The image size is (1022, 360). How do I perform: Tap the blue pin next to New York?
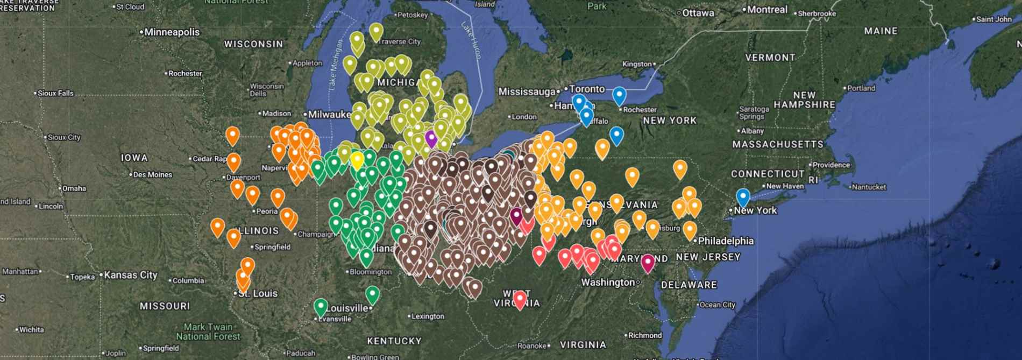743,197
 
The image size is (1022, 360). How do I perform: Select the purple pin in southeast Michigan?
431,138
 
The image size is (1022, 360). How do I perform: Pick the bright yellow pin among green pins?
357,160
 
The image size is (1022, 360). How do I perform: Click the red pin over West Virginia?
520,299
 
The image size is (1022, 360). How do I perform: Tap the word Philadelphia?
726,241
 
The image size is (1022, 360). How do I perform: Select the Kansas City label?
131,275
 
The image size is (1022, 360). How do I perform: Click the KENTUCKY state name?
394,341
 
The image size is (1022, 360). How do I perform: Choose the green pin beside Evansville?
321,307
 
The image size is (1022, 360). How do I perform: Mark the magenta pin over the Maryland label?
648,262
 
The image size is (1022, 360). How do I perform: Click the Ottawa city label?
698,13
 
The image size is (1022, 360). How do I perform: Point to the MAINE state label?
881,31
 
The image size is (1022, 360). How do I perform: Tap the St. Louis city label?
258,294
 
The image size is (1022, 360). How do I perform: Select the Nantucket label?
869,187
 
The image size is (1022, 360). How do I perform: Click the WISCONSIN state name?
253,44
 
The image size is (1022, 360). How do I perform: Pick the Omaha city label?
74,188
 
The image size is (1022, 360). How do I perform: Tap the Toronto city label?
587,89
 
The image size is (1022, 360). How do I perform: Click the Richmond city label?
645,335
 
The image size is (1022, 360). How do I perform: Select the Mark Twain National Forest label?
208,331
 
